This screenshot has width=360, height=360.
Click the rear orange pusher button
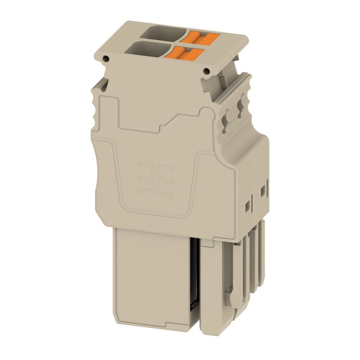click(200, 37)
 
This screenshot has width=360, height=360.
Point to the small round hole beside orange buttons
click(207, 71)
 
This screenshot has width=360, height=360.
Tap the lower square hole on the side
click(247, 206)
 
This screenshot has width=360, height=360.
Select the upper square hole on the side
click(262, 189)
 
